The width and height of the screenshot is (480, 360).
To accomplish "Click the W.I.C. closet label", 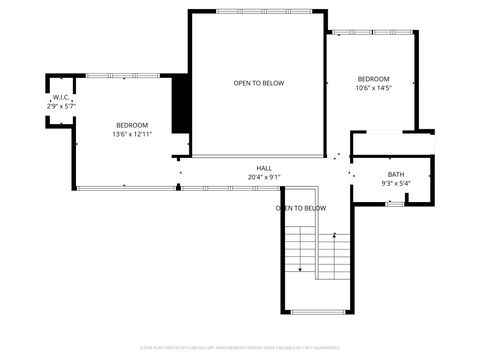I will tap(60, 97).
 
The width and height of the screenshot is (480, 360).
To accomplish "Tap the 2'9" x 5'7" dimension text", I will tap(60, 105).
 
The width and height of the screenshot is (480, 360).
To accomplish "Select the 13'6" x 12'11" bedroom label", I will tap(132, 125).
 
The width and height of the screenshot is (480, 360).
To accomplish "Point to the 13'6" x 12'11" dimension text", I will tap(132, 134).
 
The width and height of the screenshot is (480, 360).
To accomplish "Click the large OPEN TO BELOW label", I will tap(259, 83).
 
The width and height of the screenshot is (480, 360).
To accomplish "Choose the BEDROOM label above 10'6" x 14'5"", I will tap(373, 79).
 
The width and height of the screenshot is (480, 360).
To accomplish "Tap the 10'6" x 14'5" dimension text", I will tap(373, 88).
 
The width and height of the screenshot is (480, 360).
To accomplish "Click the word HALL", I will tap(264, 168).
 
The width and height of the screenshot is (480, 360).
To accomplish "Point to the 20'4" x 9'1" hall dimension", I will tap(264, 177).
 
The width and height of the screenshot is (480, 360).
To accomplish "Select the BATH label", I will tap(396, 175).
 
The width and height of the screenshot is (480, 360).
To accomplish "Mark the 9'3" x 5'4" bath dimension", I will tap(396, 184).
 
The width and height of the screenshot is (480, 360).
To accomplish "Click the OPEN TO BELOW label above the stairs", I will tap(301, 208).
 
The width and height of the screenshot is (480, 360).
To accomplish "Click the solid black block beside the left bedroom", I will tap(181, 103).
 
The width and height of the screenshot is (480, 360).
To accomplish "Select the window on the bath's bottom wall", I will tap(396, 203).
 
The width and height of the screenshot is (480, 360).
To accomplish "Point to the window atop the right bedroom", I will tap(373, 31).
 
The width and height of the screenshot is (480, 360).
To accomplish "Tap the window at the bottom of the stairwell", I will tap(317, 312).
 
